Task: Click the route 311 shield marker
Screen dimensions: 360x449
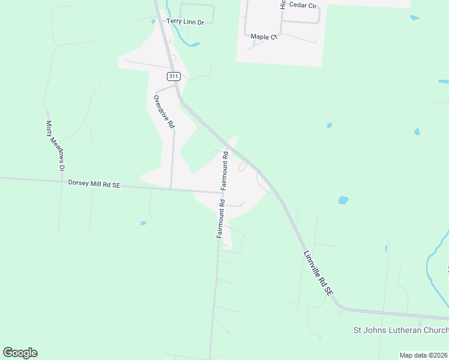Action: (173, 76)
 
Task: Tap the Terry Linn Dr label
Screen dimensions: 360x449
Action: (185, 21)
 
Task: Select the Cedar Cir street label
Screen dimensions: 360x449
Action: (302, 4)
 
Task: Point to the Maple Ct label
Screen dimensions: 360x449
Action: (264, 37)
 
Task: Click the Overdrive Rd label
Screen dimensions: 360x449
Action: (164, 112)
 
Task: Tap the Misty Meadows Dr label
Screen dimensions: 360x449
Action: (54, 146)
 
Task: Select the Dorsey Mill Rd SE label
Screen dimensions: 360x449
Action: (94, 184)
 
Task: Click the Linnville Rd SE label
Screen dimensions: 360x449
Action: (318, 273)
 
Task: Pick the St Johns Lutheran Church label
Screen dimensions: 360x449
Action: (400, 331)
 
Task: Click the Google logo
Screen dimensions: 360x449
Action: (20, 353)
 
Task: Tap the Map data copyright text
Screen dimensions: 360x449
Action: (424, 355)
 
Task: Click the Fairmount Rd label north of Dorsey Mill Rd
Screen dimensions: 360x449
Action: (224, 170)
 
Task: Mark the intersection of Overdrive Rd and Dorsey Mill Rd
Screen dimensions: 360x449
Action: (171, 188)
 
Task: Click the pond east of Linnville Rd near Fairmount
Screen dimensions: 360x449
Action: (343, 200)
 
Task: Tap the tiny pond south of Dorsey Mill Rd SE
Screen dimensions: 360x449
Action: (143, 223)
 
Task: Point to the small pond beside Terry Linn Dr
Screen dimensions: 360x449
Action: (154, 22)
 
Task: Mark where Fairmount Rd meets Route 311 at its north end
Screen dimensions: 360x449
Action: (228, 146)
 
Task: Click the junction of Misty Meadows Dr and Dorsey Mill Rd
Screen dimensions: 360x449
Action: (61, 181)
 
